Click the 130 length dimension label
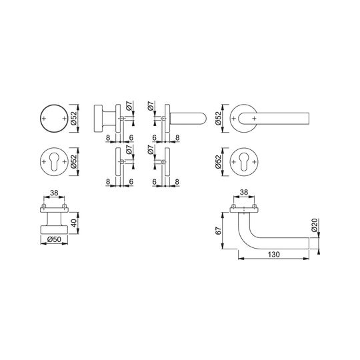(x=274, y=255)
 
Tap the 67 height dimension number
(x=219, y=231)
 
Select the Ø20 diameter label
(x=315, y=225)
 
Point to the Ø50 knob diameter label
(x=54, y=239)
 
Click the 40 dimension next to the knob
(x=74, y=223)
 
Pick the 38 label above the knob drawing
(x=54, y=193)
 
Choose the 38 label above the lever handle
(x=244, y=192)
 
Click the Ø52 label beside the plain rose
(x=74, y=118)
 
